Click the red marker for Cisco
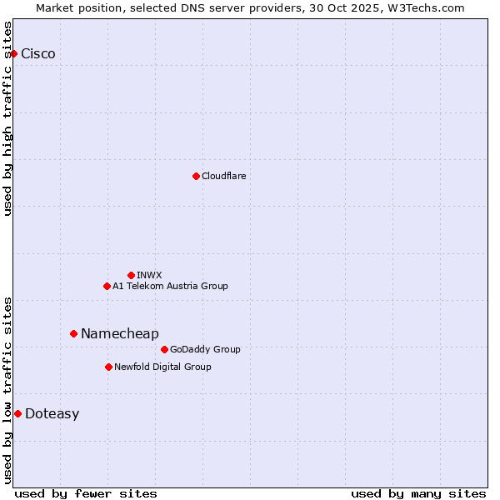[13, 53]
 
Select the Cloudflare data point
[196, 176]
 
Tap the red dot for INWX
[131, 275]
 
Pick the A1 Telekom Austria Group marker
[107, 286]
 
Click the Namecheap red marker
[73, 333]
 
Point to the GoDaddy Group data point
[164, 349]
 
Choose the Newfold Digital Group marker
[108, 367]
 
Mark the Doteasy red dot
[17, 413]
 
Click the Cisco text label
[38, 54]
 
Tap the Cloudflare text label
[223, 176]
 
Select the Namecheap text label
[119, 334]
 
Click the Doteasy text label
[52, 414]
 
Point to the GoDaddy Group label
[205, 350]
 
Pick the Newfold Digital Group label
[162, 367]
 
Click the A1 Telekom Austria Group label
[170, 287]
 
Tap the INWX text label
[149, 275]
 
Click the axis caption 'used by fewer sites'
[86, 493]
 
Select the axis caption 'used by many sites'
[418, 493]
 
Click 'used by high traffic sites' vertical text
[7, 118]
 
